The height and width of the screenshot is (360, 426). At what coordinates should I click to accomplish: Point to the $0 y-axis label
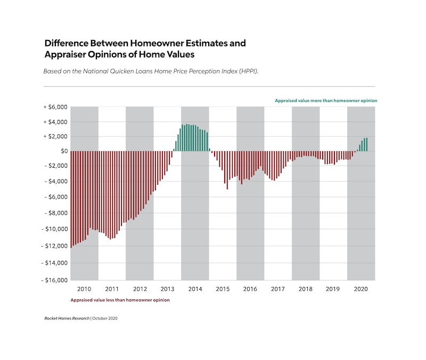point(61,151)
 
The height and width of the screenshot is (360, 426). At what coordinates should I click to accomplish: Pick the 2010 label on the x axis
point(84,289)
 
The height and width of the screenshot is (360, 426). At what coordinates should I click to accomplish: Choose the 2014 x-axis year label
point(195,289)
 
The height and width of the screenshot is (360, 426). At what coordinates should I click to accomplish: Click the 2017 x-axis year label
point(278,289)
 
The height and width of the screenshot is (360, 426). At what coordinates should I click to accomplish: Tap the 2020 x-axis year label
point(361,289)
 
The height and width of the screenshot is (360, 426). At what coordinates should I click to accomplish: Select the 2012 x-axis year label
point(140,289)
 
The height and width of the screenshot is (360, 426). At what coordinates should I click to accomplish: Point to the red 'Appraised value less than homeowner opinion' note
point(120,300)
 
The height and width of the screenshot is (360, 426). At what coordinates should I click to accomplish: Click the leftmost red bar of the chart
point(71,199)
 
